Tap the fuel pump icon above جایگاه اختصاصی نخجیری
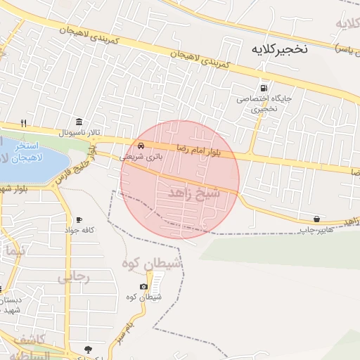pos(264,89)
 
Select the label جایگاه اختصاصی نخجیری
pos(263,104)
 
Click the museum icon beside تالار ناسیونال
pos(77,122)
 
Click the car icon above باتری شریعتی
pos(141,146)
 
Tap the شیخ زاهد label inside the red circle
pos(195,191)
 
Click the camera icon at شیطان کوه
pos(143,286)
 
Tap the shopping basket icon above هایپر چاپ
pos(316,219)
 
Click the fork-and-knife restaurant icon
pos(23,122)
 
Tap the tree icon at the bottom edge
pos(88,349)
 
